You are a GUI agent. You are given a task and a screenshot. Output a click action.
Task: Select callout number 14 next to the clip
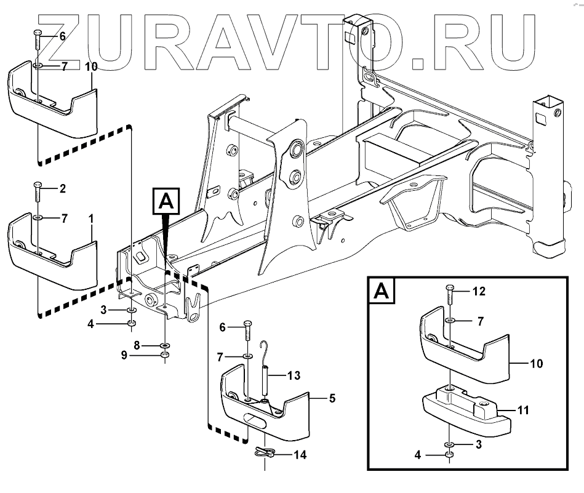pos(300,455)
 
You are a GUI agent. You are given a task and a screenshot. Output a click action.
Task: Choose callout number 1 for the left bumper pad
pos(92,218)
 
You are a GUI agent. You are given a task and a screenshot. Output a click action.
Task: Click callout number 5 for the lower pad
pos(332,398)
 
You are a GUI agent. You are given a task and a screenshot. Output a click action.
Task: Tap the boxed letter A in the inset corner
pos(381,291)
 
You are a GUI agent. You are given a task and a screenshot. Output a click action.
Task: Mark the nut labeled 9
pos(165,356)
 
